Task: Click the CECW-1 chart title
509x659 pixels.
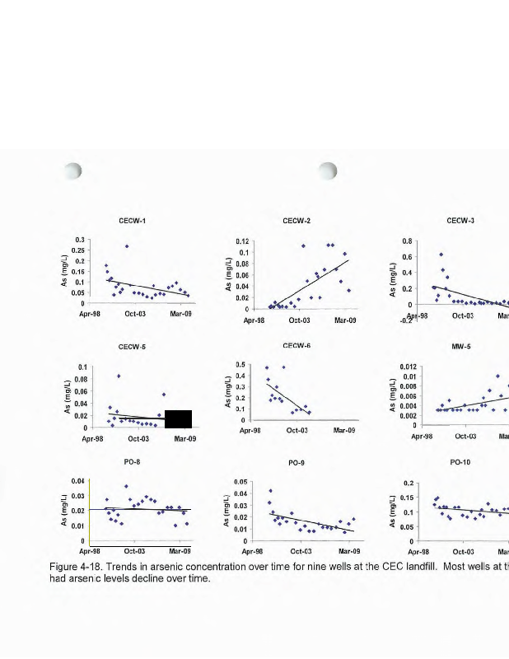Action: click(133, 221)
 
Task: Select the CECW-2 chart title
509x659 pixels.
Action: click(297, 221)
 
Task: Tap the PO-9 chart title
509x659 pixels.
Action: click(297, 464)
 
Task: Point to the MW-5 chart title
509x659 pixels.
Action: click(460, 348)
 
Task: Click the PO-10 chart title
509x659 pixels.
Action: click(460, 463)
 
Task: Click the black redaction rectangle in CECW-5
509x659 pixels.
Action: click(178, 418)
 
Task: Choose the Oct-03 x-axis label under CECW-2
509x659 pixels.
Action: click(299, 319)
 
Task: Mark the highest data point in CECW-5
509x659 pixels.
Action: click(119, 376)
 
